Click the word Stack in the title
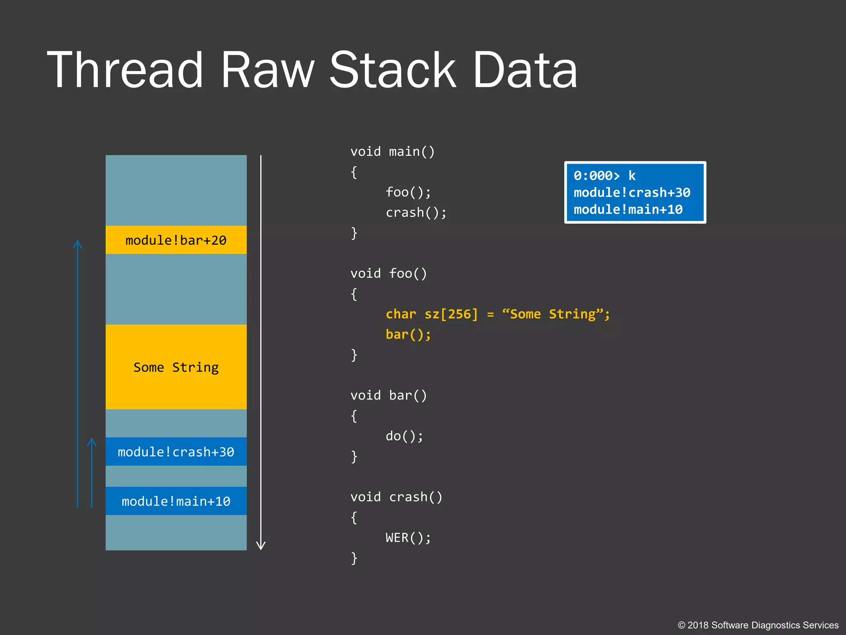pyautogui.click(x=392, y=69)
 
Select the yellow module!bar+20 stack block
pyautogui.click(x=176, y=240)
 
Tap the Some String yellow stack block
pyautogui.click(x=176, y=367)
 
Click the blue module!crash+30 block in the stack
pyautogui.click(x=176, y=451)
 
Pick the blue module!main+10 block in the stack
pyautogui.click(x=176, y=501)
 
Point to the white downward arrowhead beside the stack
pyautogui.click(x=261, y=545)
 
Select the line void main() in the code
pyautogui.click(x=392, y=152)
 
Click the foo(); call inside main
pyautogui.click(x=408, y=192)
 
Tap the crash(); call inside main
pyautogui.click(x=416, y=212)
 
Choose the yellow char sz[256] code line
pyautogui.click(x=497, y=314)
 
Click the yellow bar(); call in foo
pyautogui.click(x=408, y=334)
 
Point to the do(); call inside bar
pyautogui.click(x=404, y=436)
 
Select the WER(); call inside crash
pyautogui.click(x=408, y=538)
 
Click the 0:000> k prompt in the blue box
pyautogui.click(x=604, y=176)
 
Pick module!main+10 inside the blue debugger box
pyautogui.click(x=628, y=210)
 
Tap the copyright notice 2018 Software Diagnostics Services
pyautogui.click(x=758, y=625)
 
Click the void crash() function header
pyautogui.click(x=396, y=497)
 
